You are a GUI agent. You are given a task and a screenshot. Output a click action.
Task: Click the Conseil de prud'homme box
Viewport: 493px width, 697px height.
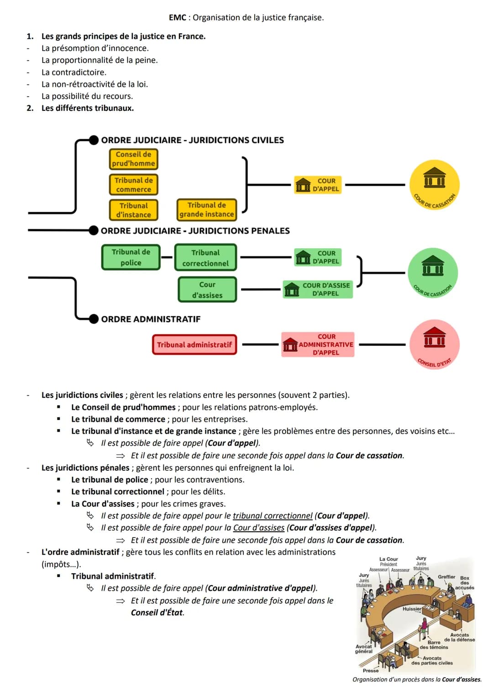coord(133,159)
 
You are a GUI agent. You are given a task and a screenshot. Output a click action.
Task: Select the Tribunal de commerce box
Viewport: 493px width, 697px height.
coord(133,185)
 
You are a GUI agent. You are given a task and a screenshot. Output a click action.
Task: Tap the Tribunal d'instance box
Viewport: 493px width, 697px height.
coord(133,210)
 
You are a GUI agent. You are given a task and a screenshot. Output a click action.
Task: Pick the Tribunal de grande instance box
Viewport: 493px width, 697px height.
coord(206,210)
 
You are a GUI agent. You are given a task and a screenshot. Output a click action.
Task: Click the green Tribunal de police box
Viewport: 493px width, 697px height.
coord(131,257)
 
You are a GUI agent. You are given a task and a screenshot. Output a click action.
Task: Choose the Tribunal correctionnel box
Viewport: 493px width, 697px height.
coord(205,258)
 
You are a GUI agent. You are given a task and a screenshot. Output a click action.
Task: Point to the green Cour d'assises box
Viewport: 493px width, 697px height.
coord(207,290)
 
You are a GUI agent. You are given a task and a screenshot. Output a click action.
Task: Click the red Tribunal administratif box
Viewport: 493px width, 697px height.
coord(194,345)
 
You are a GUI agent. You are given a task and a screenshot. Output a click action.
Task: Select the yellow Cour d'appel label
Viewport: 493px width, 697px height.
coord(318,185)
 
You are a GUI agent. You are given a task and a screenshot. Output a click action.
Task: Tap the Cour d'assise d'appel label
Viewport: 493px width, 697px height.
coord(318,289)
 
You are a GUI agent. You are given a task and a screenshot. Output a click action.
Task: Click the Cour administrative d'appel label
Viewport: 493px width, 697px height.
coord(318,345)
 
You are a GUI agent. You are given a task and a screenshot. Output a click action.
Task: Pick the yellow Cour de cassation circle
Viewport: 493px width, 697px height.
coord(434,185)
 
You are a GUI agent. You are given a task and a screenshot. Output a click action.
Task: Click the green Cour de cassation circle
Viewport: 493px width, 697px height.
coord(433,273)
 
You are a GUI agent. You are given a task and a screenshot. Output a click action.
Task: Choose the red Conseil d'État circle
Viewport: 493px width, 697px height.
coord(434,345)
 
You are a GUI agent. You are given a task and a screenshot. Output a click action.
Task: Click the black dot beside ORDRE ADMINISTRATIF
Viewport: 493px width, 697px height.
coord(94,319)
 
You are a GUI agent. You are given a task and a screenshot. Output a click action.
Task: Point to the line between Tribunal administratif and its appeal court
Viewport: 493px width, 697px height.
coord(260,345)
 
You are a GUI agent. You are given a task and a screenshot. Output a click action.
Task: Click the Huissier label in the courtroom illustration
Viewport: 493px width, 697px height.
coord(411,609)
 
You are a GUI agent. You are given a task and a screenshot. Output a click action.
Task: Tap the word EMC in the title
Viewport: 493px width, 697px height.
coord(177,18)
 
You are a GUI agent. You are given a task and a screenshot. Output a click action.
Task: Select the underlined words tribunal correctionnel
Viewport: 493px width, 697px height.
coord(273,516)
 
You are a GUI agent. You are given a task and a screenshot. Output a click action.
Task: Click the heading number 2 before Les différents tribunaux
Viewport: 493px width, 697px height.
coord(30,108)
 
